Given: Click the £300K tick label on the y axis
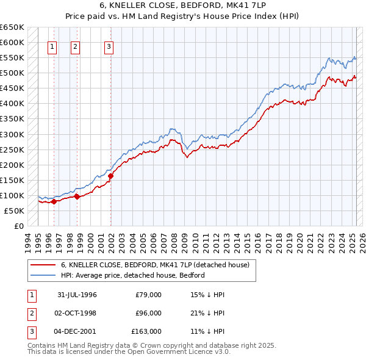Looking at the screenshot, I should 12,134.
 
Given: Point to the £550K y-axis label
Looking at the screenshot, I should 12,58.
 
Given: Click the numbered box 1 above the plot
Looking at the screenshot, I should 52,46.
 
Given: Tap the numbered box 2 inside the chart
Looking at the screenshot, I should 75,46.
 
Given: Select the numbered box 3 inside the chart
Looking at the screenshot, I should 109,46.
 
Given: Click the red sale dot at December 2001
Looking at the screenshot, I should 111,176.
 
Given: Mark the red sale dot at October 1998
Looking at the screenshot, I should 77,196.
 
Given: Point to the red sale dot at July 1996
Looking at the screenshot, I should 54,201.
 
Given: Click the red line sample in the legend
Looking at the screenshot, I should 43,265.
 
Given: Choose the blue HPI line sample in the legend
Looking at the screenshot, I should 43,275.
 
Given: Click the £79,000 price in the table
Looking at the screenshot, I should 148,295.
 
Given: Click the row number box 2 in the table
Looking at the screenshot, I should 31,314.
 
